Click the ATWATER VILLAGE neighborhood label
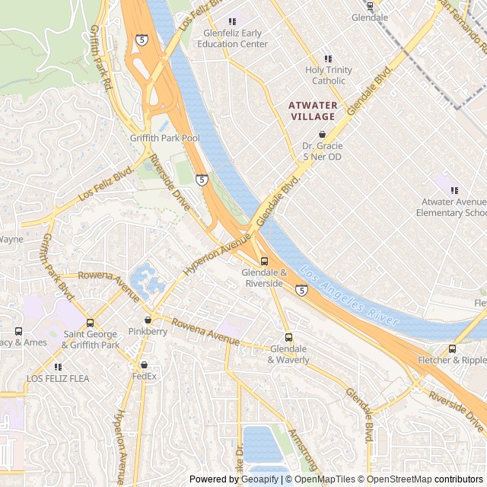pos(313,110)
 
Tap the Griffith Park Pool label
pos(164,138)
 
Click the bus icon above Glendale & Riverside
pos(264,261)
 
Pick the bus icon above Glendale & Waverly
pos(288,337)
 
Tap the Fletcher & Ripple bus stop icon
pos(453,349)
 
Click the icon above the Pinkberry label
pos(148,320)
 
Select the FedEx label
pos(144,376)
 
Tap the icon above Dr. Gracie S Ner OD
pos(322,134)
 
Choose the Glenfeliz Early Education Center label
pos(235,38)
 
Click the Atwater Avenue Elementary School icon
pos(454,190)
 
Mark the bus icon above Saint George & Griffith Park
pos(91,323)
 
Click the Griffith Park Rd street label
pos(101,57)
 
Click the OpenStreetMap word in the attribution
pos(396,479)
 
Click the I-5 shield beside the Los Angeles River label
pos(302,290)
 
